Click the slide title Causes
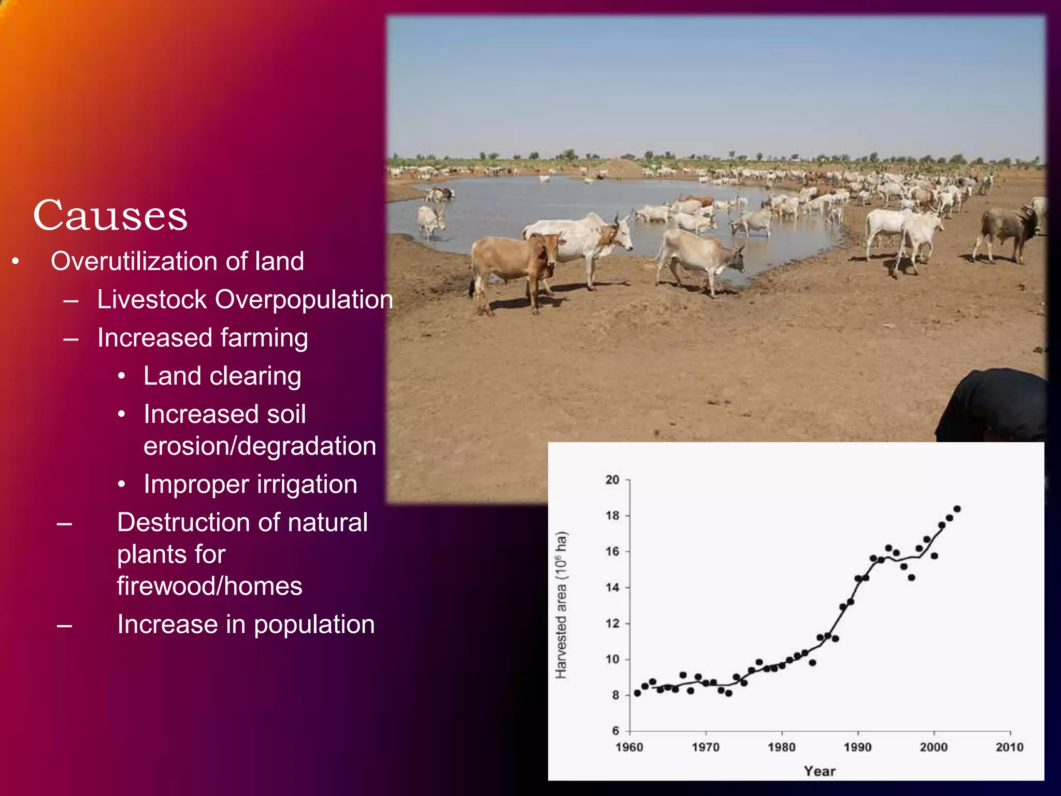pyautogui.click(x=110, y=216)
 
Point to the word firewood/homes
pyautogui.click(x=209, y=586)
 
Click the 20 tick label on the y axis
pyautogui.click(x=612, y=480)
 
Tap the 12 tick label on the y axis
pyautogui.click(x=612, y=623)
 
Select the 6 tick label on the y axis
pyautogui.click(x=615, y=731)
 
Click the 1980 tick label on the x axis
pyautogui.click(x=781, y=747)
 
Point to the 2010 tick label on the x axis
pyautogui.click(x=1009, y=747)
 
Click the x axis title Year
pyautogui.click(x=820, y=771)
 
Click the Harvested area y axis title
pyautogui.click(x=561, y=604)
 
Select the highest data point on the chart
pyautogui.click(x=957, y=509)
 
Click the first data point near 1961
pyautogui.click(x=637, y=693)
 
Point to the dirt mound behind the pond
pyautogui.click(x=620, y=168)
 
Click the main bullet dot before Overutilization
pyautogui.click(x=16, y=262)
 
